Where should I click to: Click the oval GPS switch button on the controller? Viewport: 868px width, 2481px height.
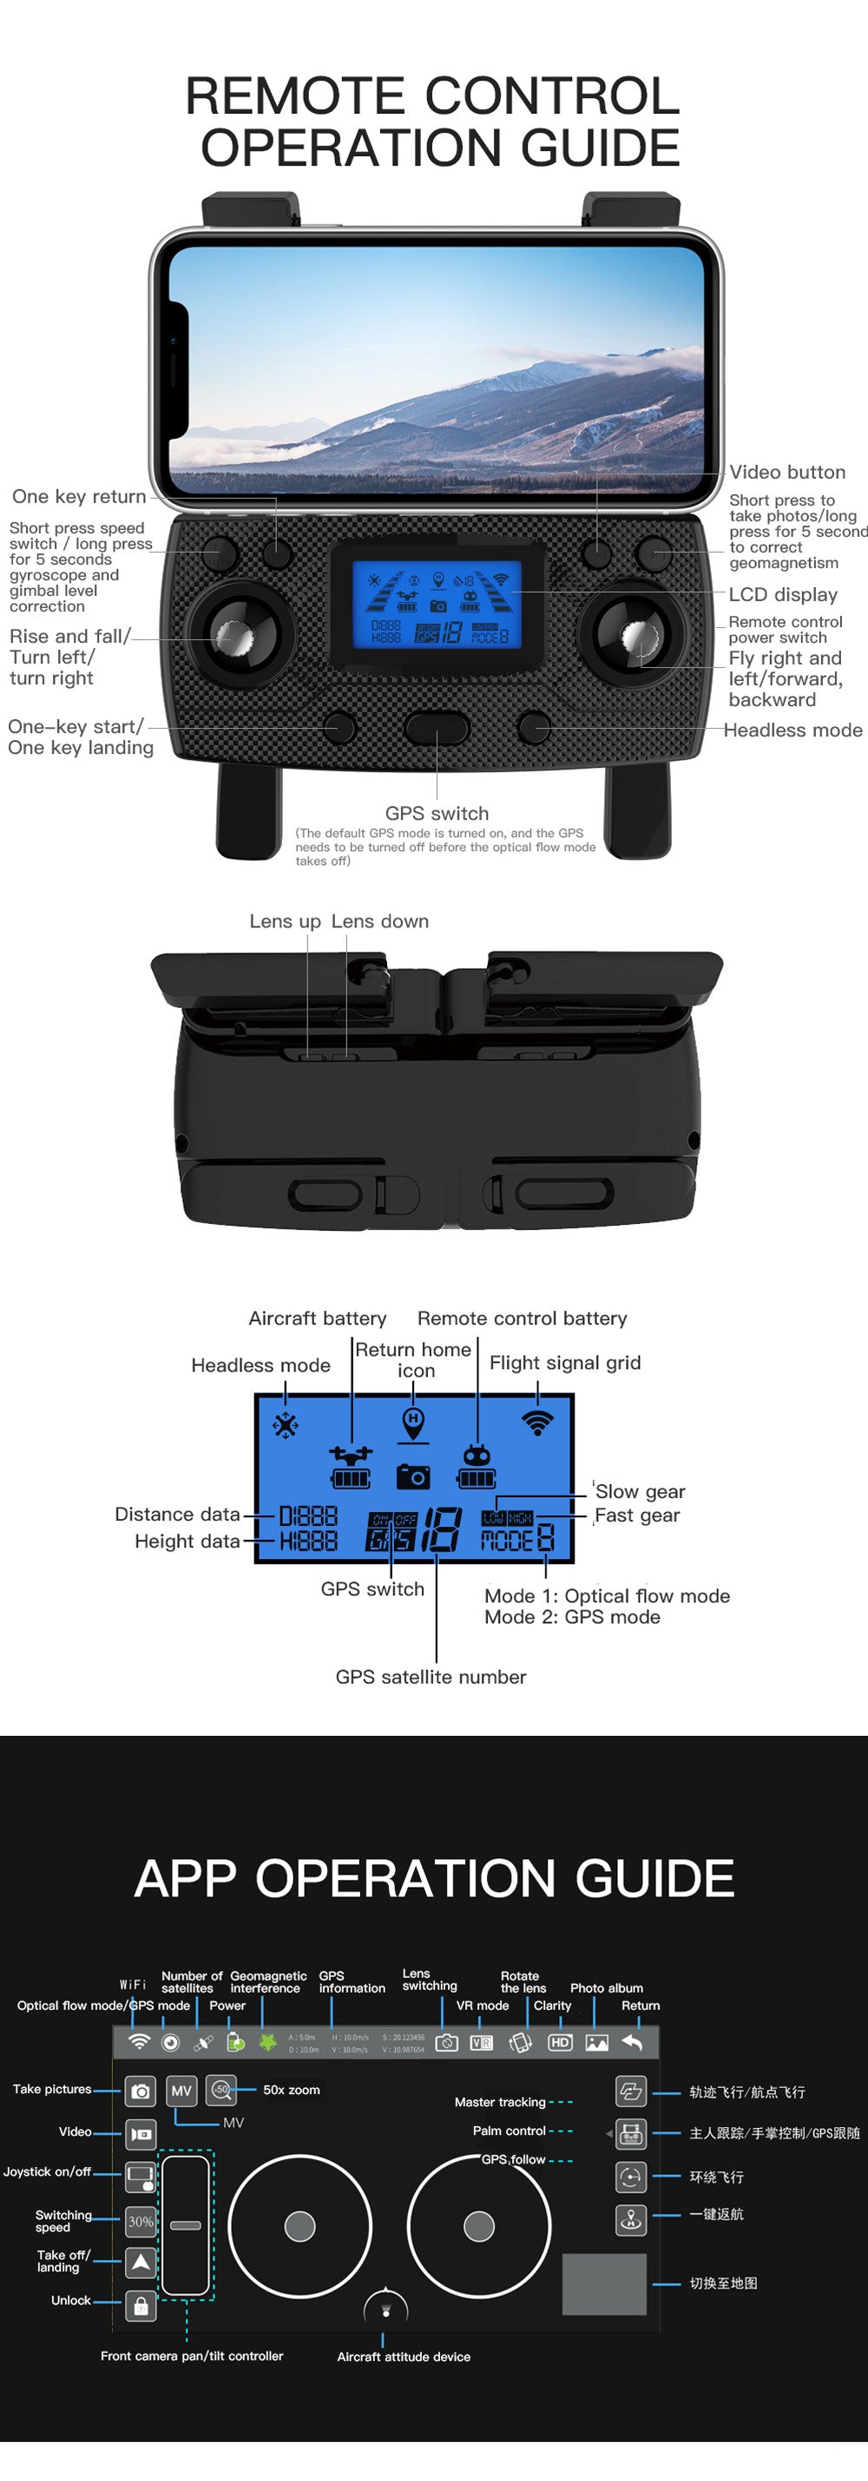437,727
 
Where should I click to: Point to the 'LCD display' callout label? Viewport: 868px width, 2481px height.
782,594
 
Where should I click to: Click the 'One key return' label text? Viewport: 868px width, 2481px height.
79,496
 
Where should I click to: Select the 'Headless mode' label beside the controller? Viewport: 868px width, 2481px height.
792,730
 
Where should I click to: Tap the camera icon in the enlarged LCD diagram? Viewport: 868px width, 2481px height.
413,1476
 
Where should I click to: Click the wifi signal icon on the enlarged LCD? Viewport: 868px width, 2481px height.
537,1422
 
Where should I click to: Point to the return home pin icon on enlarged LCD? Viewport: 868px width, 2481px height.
413,1424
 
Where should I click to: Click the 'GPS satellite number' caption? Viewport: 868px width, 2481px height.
431,1677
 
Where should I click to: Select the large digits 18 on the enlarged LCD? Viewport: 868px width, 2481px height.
442,1529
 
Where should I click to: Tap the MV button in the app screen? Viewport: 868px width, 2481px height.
181,2091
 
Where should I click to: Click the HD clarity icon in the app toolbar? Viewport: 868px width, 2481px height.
560,2042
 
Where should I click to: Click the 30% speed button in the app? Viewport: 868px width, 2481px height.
141,2221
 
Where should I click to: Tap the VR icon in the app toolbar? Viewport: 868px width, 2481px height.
482,2042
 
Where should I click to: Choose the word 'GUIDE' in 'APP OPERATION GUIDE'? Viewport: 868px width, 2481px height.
654,1878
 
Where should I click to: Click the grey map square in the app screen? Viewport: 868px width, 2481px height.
604,2283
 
